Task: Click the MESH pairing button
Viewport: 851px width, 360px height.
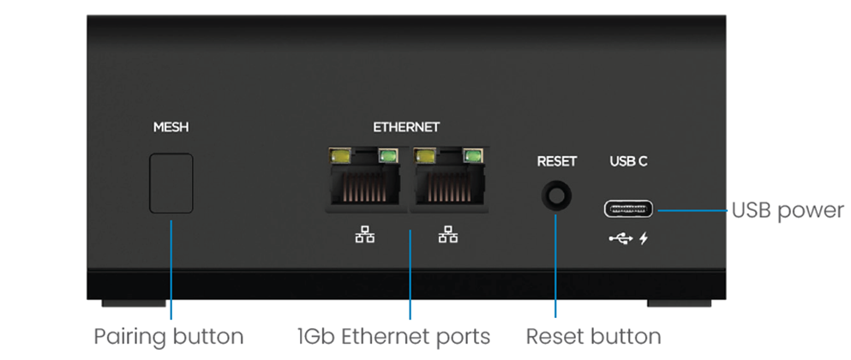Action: click(171, 183)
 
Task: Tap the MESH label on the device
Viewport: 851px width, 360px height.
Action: click(171, 128)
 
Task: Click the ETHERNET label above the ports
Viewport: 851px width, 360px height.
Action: click(406, 128)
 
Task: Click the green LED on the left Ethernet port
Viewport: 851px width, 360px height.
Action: click(388, 156)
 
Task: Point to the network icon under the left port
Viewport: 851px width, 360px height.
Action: click(365, 235)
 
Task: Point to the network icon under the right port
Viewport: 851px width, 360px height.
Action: click(447, 235)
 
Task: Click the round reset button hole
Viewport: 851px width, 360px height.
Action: click(556, 195)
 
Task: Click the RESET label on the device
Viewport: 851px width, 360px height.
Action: click(556, 161)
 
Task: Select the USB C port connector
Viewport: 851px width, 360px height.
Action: click(628, 208)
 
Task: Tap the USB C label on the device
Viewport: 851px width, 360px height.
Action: click(628, 161)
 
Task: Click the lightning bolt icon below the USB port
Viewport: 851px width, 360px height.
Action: click(644, 238)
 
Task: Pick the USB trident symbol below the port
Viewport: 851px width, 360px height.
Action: click(620, 238)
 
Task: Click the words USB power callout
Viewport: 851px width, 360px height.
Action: click(788, 210)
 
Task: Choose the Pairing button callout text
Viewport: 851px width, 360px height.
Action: click(169, 337)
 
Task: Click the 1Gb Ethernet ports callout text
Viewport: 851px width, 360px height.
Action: click(393, 337)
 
